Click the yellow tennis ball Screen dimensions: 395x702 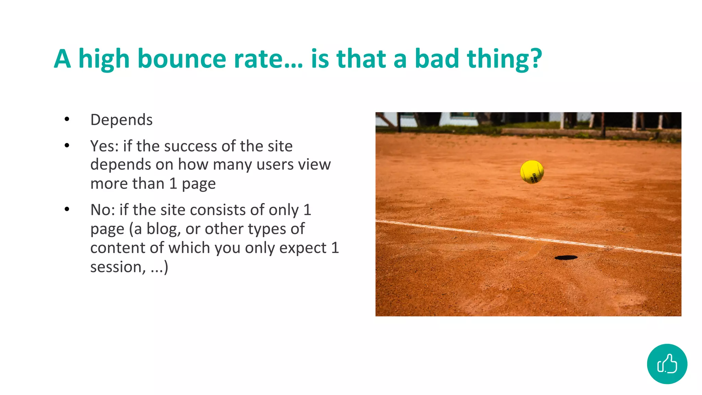click(532, 172)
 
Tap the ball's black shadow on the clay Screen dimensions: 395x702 click(566, 258)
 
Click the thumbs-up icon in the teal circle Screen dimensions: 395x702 click(667, 364)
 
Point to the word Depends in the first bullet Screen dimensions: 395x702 click(121, 120)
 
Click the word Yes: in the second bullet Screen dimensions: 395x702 click(104, 146)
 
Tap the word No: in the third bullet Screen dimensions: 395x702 click(102, 210)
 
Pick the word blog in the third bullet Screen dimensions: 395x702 click(164, 229)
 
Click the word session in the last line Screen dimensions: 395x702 click(116, 267)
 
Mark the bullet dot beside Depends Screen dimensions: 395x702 click(67, 119)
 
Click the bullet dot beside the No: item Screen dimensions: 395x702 click(67, 209)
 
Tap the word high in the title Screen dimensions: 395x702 click(104, 59)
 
